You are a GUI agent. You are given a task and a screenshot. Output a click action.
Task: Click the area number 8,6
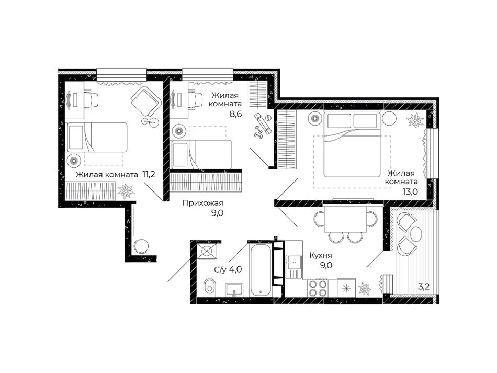236,114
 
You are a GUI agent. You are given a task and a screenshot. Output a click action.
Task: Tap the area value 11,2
149,174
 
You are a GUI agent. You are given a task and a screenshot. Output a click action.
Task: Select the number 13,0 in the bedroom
410,191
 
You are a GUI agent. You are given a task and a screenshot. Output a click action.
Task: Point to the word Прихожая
202,203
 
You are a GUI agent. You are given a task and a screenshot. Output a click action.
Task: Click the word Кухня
321,255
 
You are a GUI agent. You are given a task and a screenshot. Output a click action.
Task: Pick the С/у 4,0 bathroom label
228,269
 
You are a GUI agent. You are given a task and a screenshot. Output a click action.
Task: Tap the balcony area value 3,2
423,287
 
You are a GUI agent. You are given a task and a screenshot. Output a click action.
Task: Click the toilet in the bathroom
209,287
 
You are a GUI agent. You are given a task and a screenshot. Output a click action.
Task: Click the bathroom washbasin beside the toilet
234,290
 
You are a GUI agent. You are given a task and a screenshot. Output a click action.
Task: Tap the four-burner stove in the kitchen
318,288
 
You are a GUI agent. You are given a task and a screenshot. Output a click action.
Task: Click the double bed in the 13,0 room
352,144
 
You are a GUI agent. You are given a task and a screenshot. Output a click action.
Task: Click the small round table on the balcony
416,233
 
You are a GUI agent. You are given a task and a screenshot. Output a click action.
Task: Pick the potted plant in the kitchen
365,289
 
